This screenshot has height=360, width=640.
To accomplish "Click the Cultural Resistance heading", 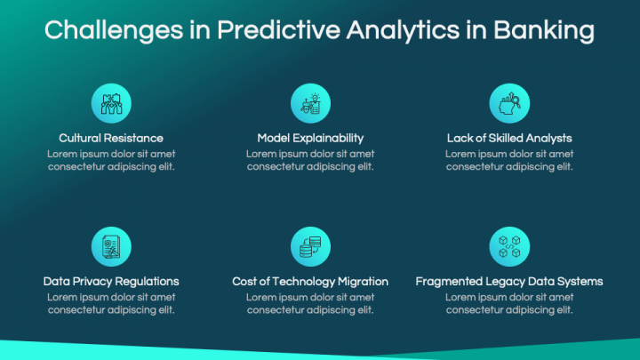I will (111, 138).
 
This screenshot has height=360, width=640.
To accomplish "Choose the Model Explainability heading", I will (310, 138).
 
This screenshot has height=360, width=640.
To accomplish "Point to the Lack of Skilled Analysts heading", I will (509, 138).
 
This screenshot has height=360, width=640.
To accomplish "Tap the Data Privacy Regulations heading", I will (111, 281).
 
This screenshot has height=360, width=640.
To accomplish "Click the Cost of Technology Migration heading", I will (310, 281).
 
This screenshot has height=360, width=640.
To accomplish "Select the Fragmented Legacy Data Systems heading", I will (509, 281).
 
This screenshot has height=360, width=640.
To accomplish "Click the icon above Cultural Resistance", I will (111, 103).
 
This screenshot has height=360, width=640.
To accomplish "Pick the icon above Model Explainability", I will (310, 103).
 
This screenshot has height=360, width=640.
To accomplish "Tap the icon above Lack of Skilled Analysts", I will (509, 103).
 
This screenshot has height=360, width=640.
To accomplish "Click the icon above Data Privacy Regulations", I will (111, 246).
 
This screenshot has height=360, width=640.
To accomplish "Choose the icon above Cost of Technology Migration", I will (310, 246).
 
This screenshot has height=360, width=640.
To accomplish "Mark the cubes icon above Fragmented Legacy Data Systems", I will (509, 246).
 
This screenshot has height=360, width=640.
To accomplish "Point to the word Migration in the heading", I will (361, 281).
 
